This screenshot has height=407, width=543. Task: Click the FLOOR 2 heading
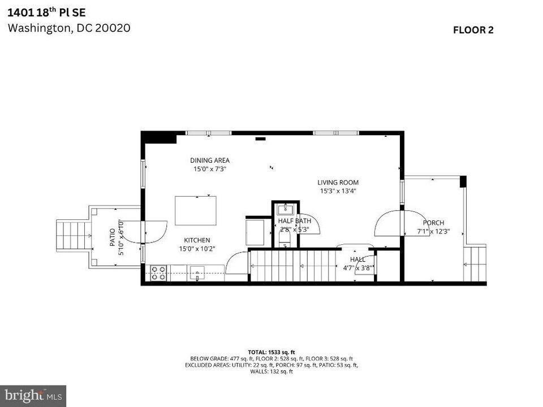(x=473, y=31)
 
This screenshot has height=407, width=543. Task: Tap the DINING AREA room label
(x=210, y=161)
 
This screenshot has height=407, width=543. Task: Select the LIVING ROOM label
(x=338, y=183)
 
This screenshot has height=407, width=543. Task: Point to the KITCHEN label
(x=196, y=240)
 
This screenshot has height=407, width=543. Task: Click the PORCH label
(x=433, y=223)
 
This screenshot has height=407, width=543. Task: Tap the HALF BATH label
(x=294, y=221)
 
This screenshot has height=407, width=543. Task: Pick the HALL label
(x=357, y=259)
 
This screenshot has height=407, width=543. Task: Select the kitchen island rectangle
(x=196, y=210)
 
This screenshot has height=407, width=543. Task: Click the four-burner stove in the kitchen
(x=159, y=274)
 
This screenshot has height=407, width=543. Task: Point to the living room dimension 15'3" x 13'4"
(x=338, y=191)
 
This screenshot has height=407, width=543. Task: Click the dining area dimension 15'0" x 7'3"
(x=210, y=168)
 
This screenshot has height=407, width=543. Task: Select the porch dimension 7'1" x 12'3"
(x=433, y=231)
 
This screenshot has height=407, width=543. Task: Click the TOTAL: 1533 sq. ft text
(x=271, y=352)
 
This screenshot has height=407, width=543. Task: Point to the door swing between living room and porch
(x=389, y=223)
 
